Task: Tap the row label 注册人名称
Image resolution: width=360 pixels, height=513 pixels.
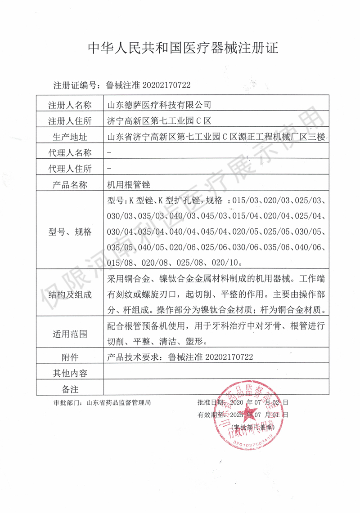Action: [x=69, y=105]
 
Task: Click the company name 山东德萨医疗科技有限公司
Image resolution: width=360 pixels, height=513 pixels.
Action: [x=158, y=105]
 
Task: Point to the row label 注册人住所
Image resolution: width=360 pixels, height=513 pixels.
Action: [x=69, y=121]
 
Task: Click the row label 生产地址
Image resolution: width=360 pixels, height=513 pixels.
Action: [x=69, y=137]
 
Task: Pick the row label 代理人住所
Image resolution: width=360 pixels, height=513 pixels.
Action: [x=69, y=168]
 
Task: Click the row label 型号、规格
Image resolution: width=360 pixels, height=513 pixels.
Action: [x=69, y=232]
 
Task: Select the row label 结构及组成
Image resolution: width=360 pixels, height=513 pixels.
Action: [x=69, y=294]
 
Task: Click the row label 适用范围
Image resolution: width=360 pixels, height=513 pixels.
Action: [x=69, y=335]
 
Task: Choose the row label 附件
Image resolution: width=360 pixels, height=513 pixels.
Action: [x=69, y=357]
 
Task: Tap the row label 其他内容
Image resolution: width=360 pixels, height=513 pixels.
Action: [x=69, y=373]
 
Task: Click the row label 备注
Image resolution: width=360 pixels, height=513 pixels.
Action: [x=69, y=388]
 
